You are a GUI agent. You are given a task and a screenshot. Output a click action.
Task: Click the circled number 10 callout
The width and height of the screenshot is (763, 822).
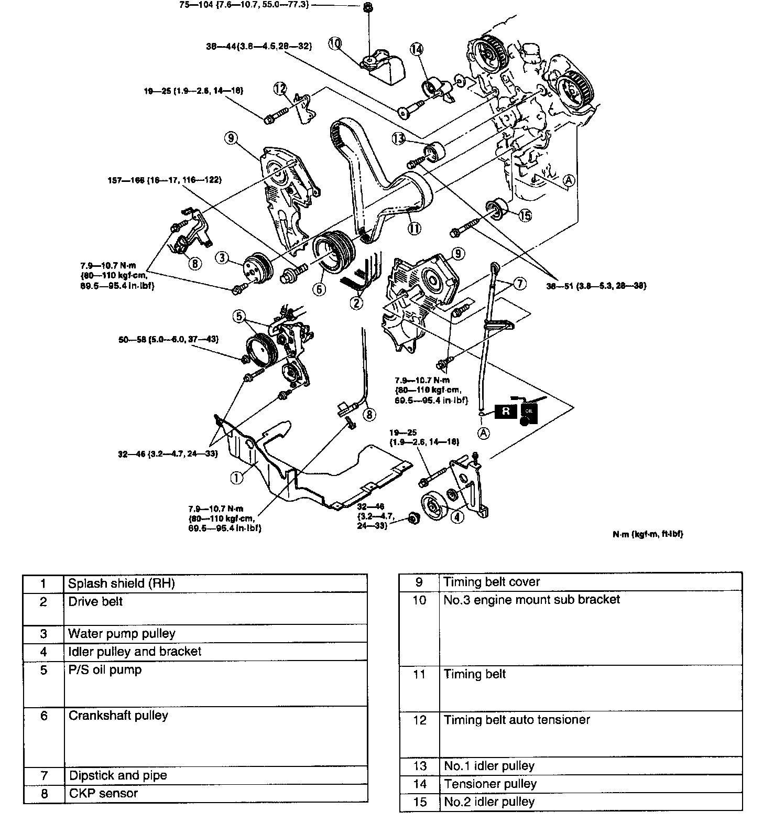point(335,44)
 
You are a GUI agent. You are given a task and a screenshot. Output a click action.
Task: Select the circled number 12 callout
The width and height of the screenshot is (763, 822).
point(280,89)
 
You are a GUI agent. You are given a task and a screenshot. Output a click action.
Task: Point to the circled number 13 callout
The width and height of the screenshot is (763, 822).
point(399,138)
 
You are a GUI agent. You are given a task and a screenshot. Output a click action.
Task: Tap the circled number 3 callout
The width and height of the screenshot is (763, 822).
point(223,257)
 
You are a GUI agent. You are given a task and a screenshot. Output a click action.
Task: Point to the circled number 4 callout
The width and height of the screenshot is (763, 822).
point(457,516)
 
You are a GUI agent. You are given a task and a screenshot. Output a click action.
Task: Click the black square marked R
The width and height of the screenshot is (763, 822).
point(506,411)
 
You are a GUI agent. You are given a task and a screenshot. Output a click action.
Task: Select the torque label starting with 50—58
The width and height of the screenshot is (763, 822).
point(168,340)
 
